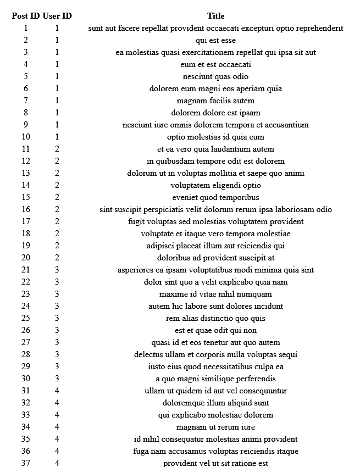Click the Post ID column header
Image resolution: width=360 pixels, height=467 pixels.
click(26, 16)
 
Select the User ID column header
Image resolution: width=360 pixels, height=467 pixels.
click(57, 16)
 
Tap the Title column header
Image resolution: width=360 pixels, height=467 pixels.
click(215, 16)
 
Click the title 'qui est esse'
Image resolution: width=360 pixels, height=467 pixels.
click(215, 40)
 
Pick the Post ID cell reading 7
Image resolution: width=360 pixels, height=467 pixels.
click(26, 101)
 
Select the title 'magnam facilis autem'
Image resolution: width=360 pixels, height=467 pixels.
click(215, 101)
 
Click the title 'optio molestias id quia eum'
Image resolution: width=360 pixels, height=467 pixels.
click(215, 137)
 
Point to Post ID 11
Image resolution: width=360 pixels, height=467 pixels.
click(26, 149)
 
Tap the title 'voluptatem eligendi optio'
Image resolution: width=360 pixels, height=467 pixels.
click(215, 185)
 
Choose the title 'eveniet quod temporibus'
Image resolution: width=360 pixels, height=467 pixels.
click(215, 197)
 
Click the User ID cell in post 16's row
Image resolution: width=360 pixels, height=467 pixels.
click(57, 209)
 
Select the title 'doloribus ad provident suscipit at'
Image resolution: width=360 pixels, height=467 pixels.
click(215, 258)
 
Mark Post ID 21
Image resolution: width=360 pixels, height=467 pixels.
click(26, 270)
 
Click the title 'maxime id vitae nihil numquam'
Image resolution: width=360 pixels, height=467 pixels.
click(215, 294)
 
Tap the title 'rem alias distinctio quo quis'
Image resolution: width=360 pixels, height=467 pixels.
click(215, 318)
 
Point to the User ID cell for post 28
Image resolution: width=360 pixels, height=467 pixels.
click(57, 354)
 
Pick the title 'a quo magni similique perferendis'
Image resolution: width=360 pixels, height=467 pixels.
click(215, 379)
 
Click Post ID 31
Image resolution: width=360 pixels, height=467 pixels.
click(26, 391)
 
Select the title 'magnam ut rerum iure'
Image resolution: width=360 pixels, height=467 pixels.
click(215, 427)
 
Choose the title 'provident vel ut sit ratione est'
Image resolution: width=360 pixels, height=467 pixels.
click(215, 463)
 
